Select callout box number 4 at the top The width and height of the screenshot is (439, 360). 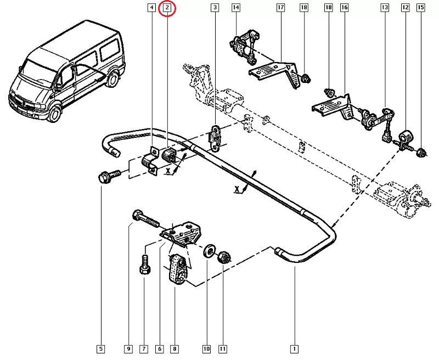click(x=151, y=8)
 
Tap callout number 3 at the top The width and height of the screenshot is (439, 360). click(x=215, y=8)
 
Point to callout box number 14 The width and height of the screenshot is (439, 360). click(x=235, y=8)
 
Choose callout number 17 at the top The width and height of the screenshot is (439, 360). click(x=280, y=8)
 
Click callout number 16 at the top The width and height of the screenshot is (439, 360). click(x=344, y=8)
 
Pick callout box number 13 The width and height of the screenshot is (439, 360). click(x=385, y=8)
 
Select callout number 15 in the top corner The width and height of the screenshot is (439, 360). click(x=421, y=8)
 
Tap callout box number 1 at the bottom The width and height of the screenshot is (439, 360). click(x=295, y=348)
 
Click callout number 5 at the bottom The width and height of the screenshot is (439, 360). click(x=101, y=348)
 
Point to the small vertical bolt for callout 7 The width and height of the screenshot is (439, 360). click(x=144, y=267)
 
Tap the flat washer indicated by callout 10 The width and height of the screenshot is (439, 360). click(x=208, y=252)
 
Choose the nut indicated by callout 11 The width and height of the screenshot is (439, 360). click(x=224, y=256)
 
